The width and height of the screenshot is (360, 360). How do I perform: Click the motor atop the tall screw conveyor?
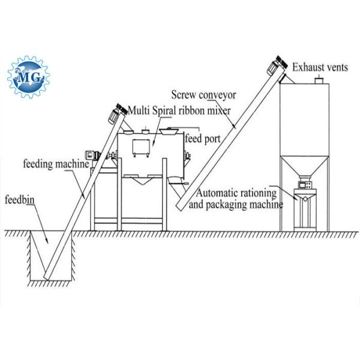[x=278, y=62]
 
